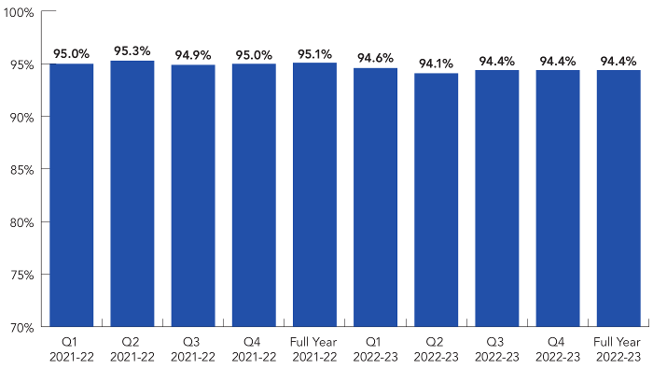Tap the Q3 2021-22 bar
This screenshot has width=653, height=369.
coord(193,195)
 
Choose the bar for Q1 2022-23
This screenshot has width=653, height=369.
coord(375,197)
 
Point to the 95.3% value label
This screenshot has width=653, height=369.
coord(132,51)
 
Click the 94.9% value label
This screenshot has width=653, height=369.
coord(193,55)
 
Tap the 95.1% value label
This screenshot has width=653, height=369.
coord(314,53)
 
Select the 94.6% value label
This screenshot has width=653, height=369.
coord(375,58)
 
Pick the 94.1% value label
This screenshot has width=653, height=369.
coord(436,64)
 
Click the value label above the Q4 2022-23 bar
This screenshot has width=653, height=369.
coord(558,61)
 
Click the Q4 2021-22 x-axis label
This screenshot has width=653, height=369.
coord(254,349)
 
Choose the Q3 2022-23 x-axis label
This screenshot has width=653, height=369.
coord(496,349)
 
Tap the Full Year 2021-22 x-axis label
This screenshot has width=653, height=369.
coord(314,349)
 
